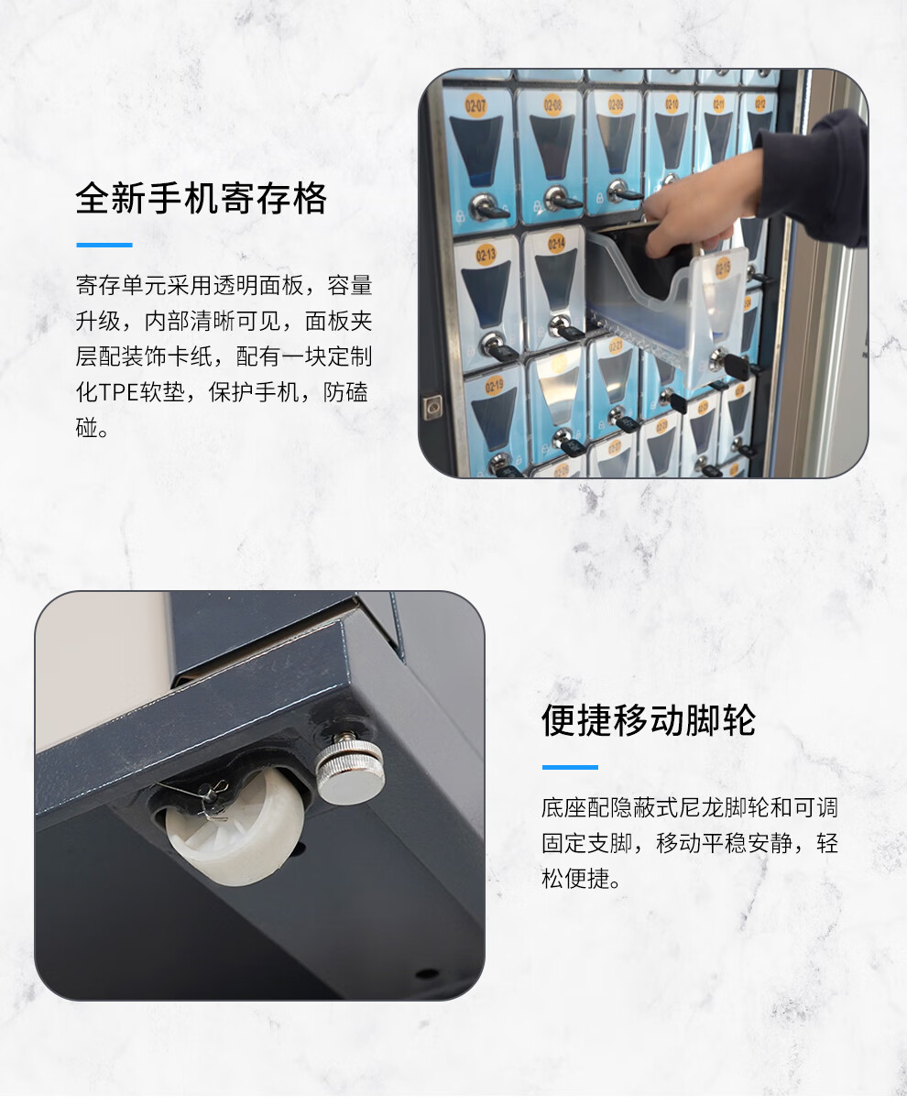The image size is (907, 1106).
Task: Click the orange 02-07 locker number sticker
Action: tap(475, 105)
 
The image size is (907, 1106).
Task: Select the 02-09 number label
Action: tap(616, 104)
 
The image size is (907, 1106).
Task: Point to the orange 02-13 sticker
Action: tap(486, 255)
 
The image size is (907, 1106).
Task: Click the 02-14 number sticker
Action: tap(556, 244)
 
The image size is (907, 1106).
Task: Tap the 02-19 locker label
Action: tap(494, 387)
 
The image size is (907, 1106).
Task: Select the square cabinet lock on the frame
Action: tap(432, 407)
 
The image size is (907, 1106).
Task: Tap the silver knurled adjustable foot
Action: tap(351, 769)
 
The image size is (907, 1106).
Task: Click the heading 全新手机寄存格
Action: tap(202, 199)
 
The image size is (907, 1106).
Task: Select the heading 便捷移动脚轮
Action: tap(649, 720)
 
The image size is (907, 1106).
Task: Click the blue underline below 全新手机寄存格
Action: tap(104, 245)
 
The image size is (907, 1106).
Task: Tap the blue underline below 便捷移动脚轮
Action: tap(570, 767)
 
